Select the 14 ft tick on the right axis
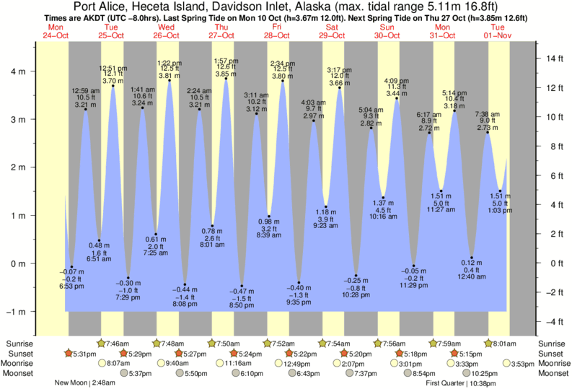(x=553, y=58)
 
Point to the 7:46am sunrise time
(x=118, y=343)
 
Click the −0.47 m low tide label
(x=242, y=290)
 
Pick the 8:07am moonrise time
(x=118, y=363)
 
